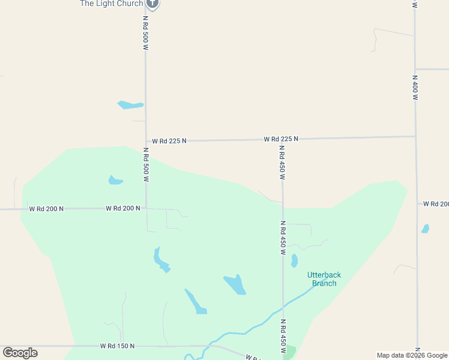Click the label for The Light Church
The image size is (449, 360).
(x=112, y=4)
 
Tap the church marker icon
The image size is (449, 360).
(x=152, y=4)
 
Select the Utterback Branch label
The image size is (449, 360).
(x=322, y=279)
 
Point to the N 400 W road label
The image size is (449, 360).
(x=415, y=88)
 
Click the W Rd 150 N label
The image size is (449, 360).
(x=117, y=346)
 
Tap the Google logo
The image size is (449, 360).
(x=20, y=353)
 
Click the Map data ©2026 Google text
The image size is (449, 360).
(x=411, y=355)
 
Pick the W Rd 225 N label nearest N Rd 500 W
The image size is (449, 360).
(x=169, y=140)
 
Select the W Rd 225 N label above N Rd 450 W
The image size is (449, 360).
(x=281, y=139)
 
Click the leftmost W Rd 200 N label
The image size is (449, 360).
(x=46, y=209)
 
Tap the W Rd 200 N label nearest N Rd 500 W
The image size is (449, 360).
(x=123, y=208)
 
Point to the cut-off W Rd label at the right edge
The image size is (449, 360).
(x=436, y=204)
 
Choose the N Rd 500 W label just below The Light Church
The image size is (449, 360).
(x=145, y=33)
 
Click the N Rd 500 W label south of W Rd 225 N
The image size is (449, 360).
(x=146, y=165)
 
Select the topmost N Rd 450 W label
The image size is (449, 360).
(x=282, y=163)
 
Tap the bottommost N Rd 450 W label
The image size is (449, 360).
(x=283, y=336)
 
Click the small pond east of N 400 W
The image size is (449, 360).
(x=426, y=229)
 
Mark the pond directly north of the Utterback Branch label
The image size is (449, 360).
(x=294, y=260)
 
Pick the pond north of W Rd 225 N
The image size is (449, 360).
(x=130, y=105)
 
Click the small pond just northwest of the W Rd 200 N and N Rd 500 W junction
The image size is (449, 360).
(x=115, y=180)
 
